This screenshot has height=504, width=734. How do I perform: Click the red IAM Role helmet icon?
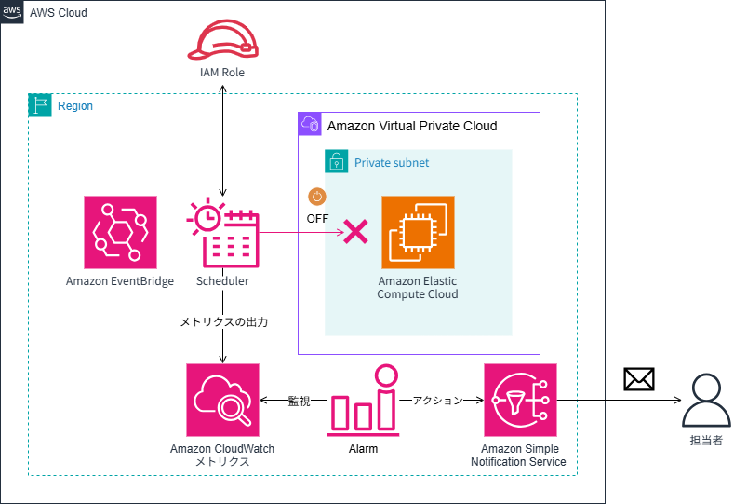pos(222,40)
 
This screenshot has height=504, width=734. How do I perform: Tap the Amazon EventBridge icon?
pos(120,232)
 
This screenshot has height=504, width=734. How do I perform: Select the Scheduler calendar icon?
pos(223,232)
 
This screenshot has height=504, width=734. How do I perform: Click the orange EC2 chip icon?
pos(418,232)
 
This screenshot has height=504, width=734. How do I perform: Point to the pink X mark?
pos(355,232)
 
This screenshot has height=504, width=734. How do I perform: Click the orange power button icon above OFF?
pos(317,197)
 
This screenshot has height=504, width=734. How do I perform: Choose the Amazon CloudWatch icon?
pos(222,400)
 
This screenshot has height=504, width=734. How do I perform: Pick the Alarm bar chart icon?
pos(364,402)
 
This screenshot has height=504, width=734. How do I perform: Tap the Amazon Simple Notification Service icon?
pos(520,400)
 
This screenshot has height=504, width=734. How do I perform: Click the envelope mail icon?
pos(639,378)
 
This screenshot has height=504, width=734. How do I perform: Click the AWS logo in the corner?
pos(12,10)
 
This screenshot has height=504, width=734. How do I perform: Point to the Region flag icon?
pos(40,105)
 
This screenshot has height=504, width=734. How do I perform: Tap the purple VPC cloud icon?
pos(309,124)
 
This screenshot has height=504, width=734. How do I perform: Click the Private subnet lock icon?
pos(336,161)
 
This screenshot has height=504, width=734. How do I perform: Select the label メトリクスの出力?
pos(223,322)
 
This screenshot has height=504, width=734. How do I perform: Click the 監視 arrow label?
pos(299,401)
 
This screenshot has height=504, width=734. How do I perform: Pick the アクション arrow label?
pos(437,401)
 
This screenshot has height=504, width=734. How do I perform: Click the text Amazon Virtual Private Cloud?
pos(412,126)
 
